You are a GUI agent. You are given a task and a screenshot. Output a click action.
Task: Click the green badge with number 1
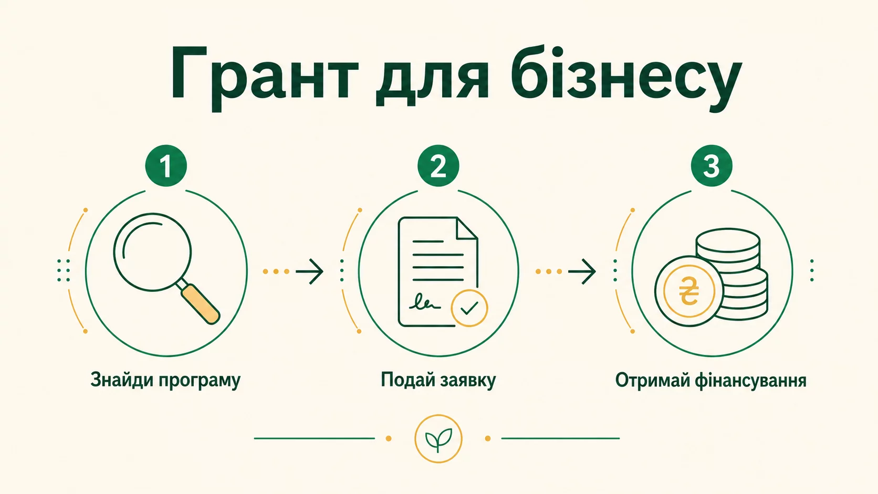tap(166, 166)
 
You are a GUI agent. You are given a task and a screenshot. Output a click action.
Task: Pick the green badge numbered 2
tap(438, 166)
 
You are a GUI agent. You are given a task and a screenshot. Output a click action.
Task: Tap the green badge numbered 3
tap(712, 166)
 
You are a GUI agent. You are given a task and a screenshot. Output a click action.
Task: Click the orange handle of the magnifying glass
tap(201, 304)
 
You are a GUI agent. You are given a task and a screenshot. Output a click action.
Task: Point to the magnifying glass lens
tap(152, 252)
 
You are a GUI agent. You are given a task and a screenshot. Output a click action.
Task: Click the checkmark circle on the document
tap(469, 308)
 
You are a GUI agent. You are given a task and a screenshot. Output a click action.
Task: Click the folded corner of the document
tap(467, 228)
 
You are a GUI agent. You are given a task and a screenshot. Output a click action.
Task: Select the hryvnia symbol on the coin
tap(689, 290)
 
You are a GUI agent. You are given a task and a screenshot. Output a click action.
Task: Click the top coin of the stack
tap(728, 240)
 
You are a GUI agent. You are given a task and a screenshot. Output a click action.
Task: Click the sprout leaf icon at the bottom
tap(438, 439)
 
